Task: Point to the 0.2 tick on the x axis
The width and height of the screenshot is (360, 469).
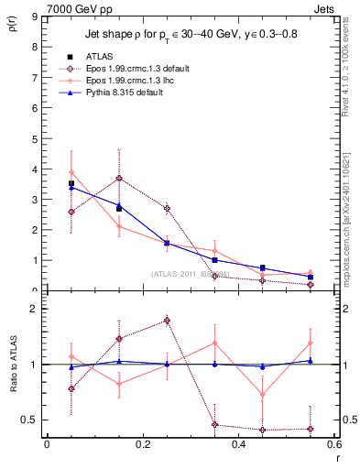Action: click(142, 445)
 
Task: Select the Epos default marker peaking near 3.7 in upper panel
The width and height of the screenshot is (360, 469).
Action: click(119, 178)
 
